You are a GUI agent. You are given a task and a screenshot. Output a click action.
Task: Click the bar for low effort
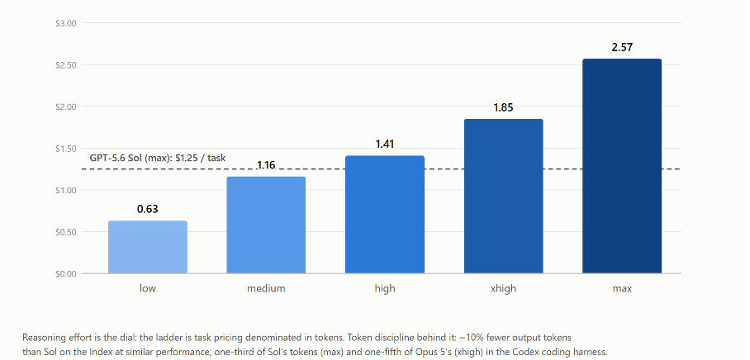point(147,247)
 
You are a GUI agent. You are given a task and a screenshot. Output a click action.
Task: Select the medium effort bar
point(266,225)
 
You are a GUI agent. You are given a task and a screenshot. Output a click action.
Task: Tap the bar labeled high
point(385,215)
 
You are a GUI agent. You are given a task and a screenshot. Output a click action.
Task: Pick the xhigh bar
point(503,196)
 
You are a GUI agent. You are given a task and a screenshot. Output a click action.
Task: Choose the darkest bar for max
point(622,166)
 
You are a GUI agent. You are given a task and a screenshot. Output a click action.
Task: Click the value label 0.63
point(147,209)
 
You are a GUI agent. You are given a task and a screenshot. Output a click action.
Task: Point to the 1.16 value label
point(266,165)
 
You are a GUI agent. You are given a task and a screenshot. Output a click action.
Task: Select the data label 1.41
point(385,144)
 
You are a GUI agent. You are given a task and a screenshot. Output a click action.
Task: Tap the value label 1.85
point(503,107)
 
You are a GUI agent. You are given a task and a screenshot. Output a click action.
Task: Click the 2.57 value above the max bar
point(622,47)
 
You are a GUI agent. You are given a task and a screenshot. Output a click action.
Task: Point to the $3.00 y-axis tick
point(66,23)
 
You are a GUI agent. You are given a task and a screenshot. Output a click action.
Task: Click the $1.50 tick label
point(66,149)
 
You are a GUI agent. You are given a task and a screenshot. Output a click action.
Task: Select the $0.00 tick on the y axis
point(66,274)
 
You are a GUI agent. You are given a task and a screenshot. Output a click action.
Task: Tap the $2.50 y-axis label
point(66,65)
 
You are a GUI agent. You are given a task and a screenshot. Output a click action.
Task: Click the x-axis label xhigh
point(503,289)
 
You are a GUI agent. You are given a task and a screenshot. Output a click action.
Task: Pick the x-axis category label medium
point(266,289)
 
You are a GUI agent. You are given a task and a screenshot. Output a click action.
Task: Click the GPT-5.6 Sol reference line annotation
point(158,159)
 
